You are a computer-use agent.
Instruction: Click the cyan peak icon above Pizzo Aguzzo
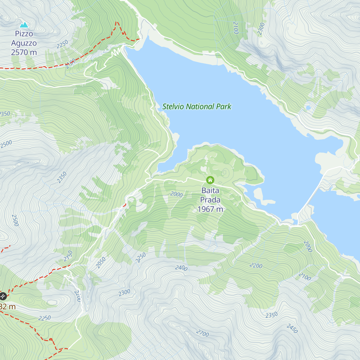(24, 25)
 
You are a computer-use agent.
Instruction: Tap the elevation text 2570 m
(24, 52)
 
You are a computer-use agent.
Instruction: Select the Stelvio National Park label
(197, 106)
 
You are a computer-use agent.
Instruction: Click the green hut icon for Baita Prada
(210, 180)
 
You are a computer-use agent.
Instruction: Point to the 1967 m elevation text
(210, 209)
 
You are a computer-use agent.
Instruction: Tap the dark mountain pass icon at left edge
(3, 296)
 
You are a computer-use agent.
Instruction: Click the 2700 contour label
(202, 333)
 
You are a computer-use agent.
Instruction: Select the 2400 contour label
(181, 268)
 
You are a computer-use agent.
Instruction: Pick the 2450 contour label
(292, 328)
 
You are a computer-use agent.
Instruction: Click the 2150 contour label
(68, 256)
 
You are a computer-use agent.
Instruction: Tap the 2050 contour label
(101, 262)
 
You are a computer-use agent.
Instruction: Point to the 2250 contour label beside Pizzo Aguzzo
(62, 44)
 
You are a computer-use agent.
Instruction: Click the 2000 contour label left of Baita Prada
(176, 194)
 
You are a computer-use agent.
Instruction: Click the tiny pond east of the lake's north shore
(308, 107)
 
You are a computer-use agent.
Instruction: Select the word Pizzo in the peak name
(24, 34)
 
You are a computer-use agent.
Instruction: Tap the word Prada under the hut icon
(210, 200)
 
